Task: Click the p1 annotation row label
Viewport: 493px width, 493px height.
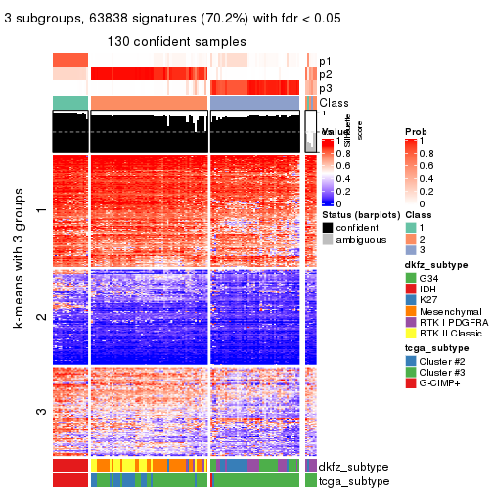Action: coord(326,60)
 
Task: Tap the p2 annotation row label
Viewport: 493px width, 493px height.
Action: coord(326,74)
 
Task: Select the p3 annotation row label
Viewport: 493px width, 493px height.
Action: coord(326,88)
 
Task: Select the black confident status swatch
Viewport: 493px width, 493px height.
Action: coord(328,227)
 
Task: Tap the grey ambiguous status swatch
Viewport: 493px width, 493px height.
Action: coord(328,240)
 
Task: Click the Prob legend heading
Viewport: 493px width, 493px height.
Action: coord(417,131)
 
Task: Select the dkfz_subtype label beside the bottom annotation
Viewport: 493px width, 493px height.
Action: coord(354,467)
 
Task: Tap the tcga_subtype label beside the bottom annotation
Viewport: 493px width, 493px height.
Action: coord(353,480)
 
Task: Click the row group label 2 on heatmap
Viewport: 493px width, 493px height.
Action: coord(40,317)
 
